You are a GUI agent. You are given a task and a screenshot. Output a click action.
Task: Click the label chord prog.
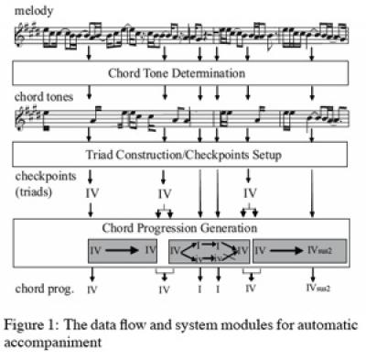click(41, 289)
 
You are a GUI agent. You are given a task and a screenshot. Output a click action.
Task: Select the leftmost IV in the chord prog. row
click(92, 289)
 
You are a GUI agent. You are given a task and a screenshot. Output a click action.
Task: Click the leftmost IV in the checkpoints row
click(91, 194)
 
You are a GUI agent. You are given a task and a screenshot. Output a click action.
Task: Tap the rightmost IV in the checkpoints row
click(249, 194)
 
